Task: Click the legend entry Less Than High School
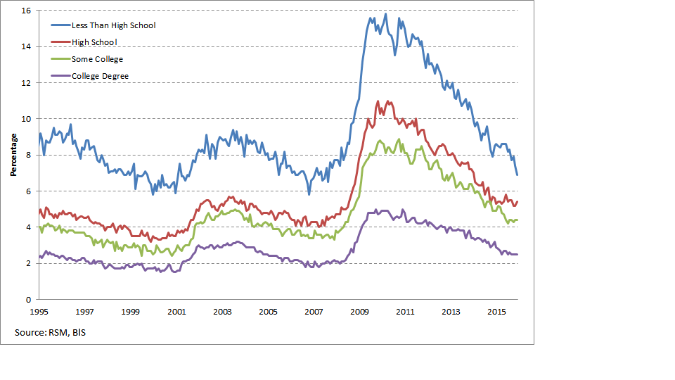click(x=113, y=25)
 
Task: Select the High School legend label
click(x=94, y=42)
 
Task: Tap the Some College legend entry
click(x=97, y=59)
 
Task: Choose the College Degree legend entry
click(x=100, y=76)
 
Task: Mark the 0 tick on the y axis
click(x=27, y=299)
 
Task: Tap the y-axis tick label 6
click(x=27, y=191)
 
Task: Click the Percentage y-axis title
click(x=13, y=156)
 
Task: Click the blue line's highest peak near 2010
click(x=385, y=14)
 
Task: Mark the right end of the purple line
click(x=517, y=254)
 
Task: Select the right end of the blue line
click(x=517, y=175)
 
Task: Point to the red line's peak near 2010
click(x=378, y=101)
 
